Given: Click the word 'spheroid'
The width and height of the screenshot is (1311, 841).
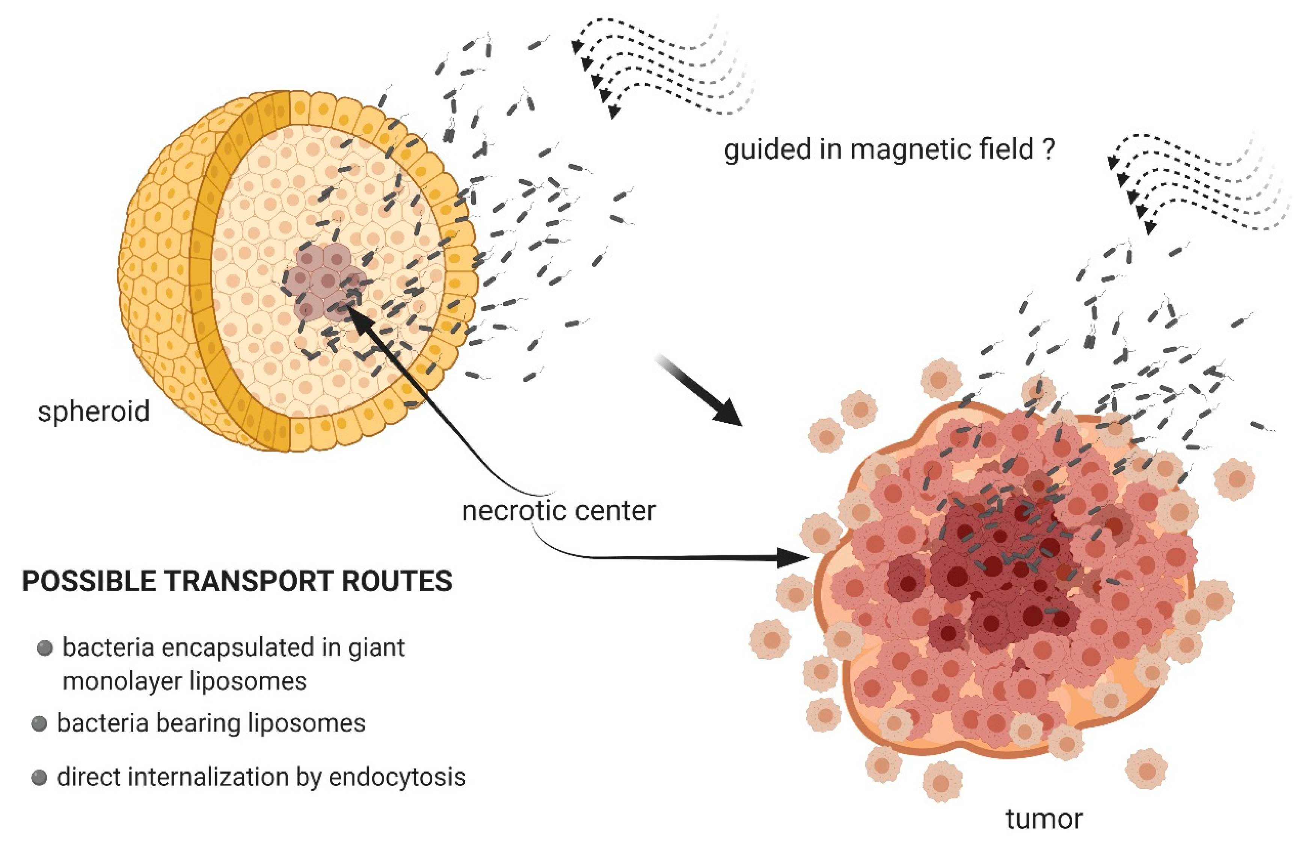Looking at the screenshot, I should (x=94, y=411).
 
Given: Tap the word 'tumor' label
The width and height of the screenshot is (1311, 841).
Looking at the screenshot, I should (x=1044, y=820).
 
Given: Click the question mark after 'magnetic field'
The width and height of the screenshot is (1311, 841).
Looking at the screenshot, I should (x=1047, y=149).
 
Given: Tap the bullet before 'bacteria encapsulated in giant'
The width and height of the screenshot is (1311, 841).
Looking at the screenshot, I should (x=45, y=648).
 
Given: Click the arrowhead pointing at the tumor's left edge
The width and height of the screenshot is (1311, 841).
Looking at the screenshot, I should (x=794, y=558).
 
